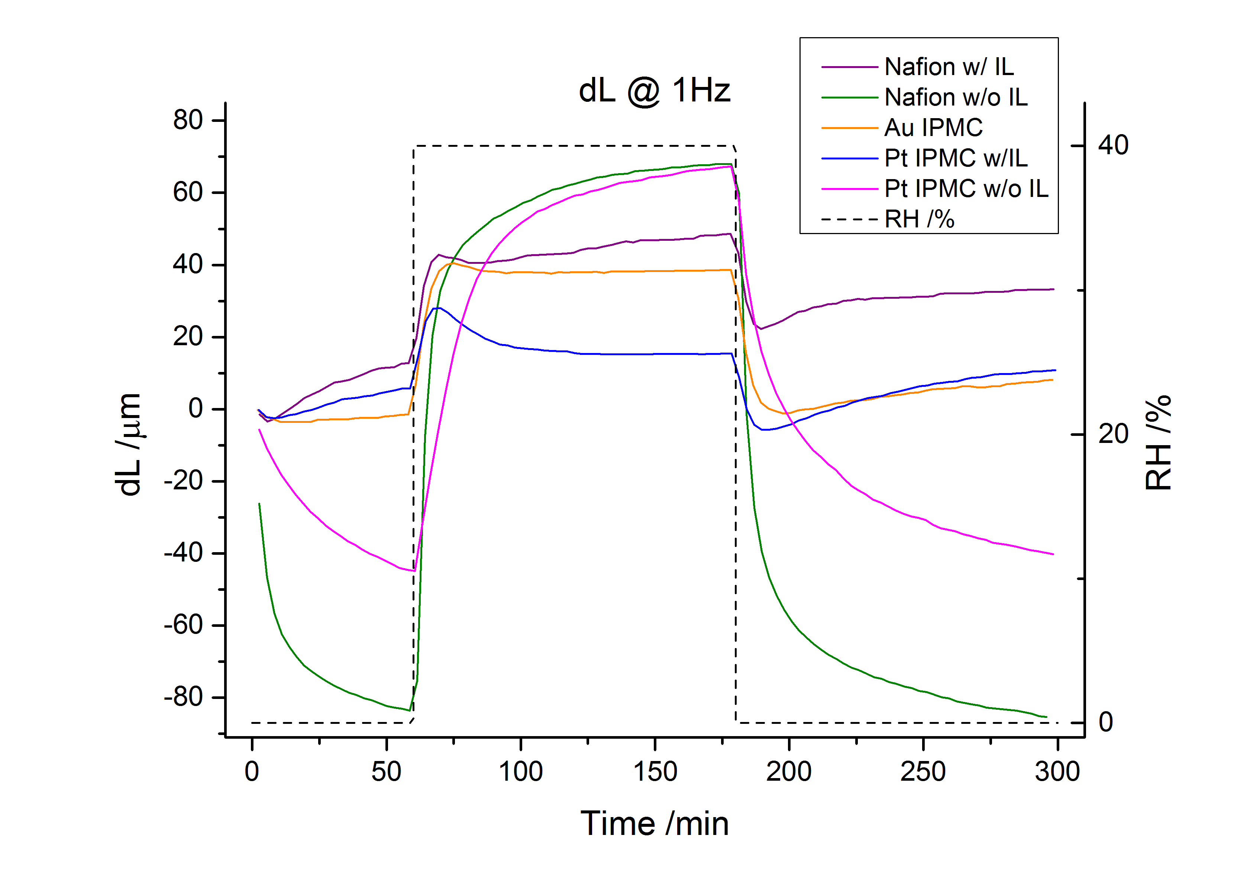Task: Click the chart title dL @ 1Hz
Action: coord(654,91)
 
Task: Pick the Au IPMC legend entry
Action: coord(933,128)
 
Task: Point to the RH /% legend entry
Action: coord(919,220)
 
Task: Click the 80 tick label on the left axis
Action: coord(188,120)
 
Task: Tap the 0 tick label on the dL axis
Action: coord(196,409)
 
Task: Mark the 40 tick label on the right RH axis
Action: coord(1113,145)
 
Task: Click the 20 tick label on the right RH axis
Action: coord(1113,434)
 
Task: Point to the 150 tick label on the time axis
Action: coord(655,771)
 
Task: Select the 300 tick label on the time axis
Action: coord(1057,771)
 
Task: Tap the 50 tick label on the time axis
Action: coord(386,771)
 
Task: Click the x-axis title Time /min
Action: coord(654,824)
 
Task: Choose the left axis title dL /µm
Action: coord(129,444)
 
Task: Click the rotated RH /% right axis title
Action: coord(1158,442)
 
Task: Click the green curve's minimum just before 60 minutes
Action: coord(409,710)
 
